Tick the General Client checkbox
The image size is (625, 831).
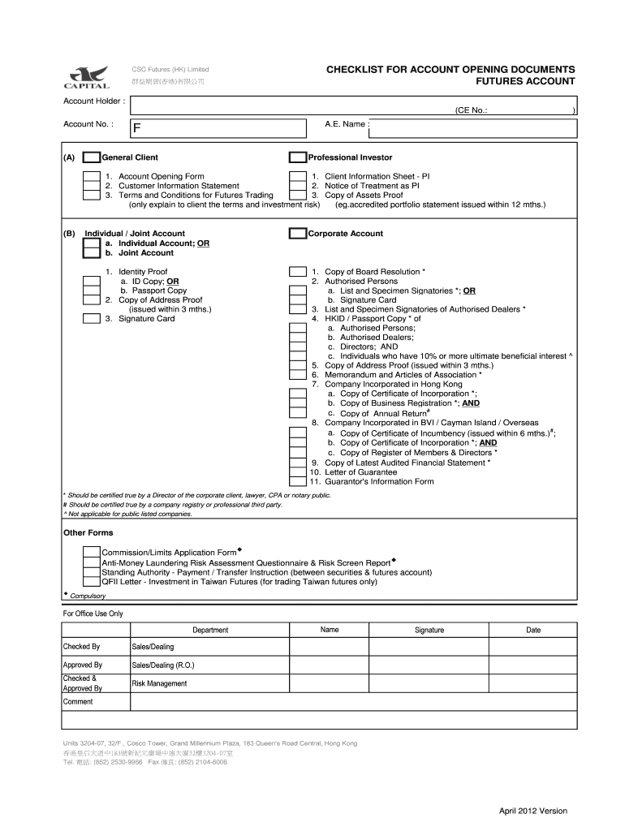point(92,157)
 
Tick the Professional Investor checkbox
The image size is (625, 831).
point(298,157)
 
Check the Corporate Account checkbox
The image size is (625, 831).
point(298,234)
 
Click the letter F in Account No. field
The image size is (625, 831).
point(138,128)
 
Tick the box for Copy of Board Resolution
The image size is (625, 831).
point(298,272)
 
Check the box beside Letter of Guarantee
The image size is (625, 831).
point(298,471)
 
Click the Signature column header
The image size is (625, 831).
point(429,630)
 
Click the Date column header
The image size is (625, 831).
point(532,630)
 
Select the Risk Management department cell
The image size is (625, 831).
point(159,683)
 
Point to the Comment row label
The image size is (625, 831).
point(78,702)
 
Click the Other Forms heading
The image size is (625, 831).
point(88,533)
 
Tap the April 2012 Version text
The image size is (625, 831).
point(532,811)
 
